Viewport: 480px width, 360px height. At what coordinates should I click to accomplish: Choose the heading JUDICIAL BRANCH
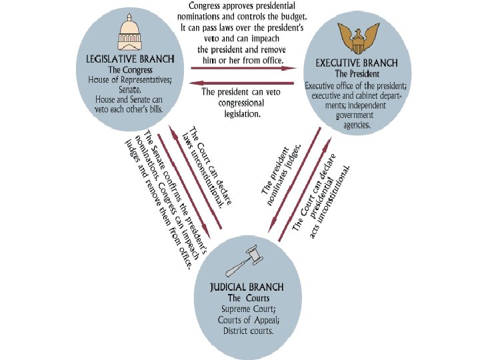pyautogui.click(x=247, y=287)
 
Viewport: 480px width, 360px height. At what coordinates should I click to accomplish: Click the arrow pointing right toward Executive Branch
pyautogui.click(x=243, y=68)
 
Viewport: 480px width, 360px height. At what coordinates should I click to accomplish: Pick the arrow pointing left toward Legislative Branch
pyautogui.click(x=243, y=83)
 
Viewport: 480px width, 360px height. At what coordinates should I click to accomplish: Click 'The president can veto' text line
pyautogui.click(x=241, y=93)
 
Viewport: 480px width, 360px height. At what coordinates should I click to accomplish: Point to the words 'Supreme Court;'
pyautogui.click(x=247, y=309)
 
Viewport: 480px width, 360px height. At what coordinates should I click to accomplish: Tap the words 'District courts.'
pyautogui.click(x=247, y=331)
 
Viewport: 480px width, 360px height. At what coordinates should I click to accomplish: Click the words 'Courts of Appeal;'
pyautogui.click(x=247, y=320)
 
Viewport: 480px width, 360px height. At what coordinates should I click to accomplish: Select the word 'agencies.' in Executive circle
pyautogui.click(x=357, y=124)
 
